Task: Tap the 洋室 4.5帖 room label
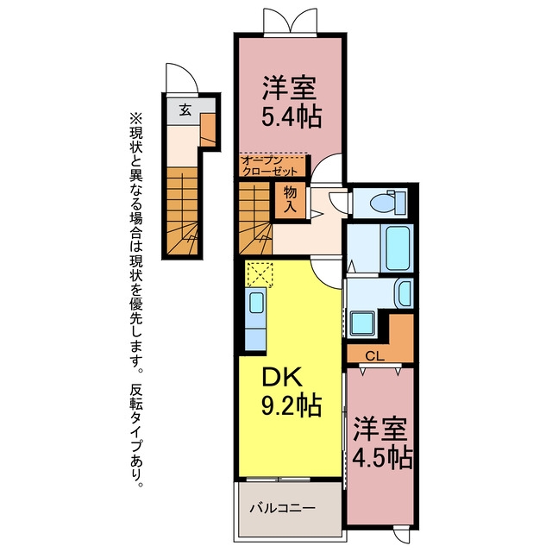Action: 382,442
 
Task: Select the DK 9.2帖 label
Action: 291,391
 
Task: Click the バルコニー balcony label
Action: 282,508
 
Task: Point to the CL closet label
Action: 374,356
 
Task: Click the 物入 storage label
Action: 290,199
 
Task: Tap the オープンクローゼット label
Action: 270,166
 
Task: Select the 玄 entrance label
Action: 185,110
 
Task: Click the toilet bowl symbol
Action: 387,202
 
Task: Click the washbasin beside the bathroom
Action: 405,293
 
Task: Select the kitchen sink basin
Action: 257,303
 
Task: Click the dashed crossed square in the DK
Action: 260,274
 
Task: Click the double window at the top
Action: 291,22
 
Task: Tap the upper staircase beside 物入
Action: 255,218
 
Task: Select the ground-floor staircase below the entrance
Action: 182,211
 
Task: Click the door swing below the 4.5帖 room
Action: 402,534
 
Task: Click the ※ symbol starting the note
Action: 136,118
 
